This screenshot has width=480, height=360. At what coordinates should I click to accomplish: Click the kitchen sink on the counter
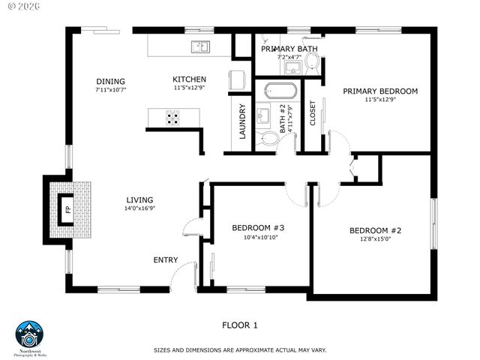pyautogui.click(x=200, y=47)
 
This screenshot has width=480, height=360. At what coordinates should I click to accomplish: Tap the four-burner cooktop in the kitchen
pyautogui.click(x=172, y=117)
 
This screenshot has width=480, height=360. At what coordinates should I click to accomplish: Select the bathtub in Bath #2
pyautogui.click(x=280, y=91)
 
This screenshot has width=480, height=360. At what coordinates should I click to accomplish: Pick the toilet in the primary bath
pyautogui.click(x=312, y=67)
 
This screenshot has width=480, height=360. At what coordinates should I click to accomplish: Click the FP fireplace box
pyautogui.click(x=67, y=209)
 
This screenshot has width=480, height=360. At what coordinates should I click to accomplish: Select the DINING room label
pyautogui.click(x=110, y=82)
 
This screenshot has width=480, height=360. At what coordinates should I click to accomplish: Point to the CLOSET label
pyautogui.click(x=313, y=113)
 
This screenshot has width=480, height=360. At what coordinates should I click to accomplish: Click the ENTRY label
pyautogui.click(x=166, y=260)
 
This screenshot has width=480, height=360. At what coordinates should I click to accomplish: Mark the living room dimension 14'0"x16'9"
pyautogui.click(x=139, y=208)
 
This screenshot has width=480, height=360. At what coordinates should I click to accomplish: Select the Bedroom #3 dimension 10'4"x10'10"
pyautogui.click(x=260, y=238)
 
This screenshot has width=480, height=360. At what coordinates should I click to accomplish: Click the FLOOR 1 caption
pyautogui.click(x=239, y=325)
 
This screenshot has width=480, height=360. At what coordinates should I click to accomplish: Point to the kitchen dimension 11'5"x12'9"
pyautogui.click(x=189, y=88)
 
